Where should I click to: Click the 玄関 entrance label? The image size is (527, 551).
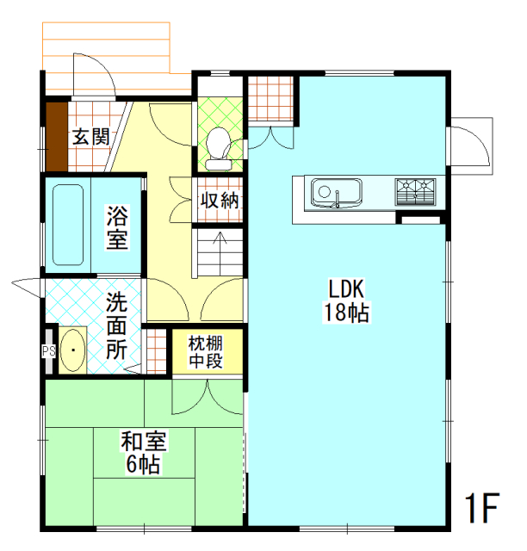click(x=90, y=136)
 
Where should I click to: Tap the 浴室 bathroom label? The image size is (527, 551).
click(x=118, y=226)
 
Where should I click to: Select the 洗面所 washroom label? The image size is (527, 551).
click(x=118, y=327)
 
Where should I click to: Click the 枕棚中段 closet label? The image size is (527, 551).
click(x=207, y=352)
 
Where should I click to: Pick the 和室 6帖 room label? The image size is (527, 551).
click(x=143, y=453)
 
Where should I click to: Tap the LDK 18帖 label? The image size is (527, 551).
click(x=346, y=300)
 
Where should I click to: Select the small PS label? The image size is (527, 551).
click(x=48, y=351)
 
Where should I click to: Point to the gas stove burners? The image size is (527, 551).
click(x=416, y=190)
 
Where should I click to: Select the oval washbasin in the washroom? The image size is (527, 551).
click(x=73, y=350)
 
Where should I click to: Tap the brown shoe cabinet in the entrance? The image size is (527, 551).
click(x=56, y=136)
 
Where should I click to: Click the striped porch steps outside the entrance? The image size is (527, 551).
click(x=107, y=48)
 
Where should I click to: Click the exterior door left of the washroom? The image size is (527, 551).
click(x=26, y=286)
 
